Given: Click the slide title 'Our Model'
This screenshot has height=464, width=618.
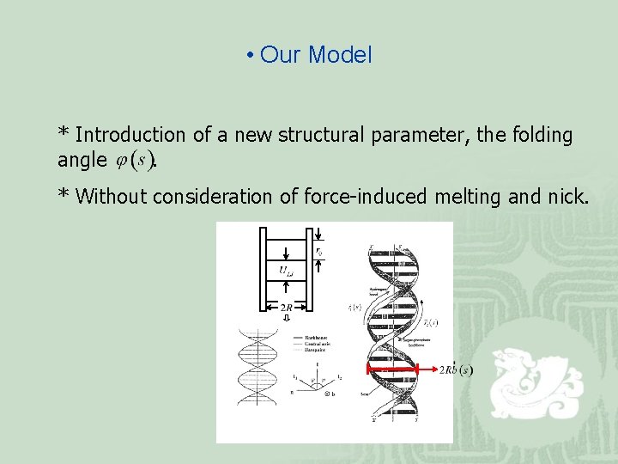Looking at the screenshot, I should (x=315, y=56).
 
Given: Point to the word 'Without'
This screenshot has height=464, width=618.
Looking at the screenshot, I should (x=112, y=197).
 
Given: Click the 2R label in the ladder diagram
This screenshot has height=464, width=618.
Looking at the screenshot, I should (x=288, y=308).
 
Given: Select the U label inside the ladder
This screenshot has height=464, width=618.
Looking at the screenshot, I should (x=287, y=272).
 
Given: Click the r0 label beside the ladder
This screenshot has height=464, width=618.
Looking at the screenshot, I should (x=319, y=252).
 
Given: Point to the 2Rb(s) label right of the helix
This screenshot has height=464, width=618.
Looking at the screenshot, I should (x=456, y=370).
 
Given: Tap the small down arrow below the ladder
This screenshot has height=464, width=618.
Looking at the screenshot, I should (x=288, y=319).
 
